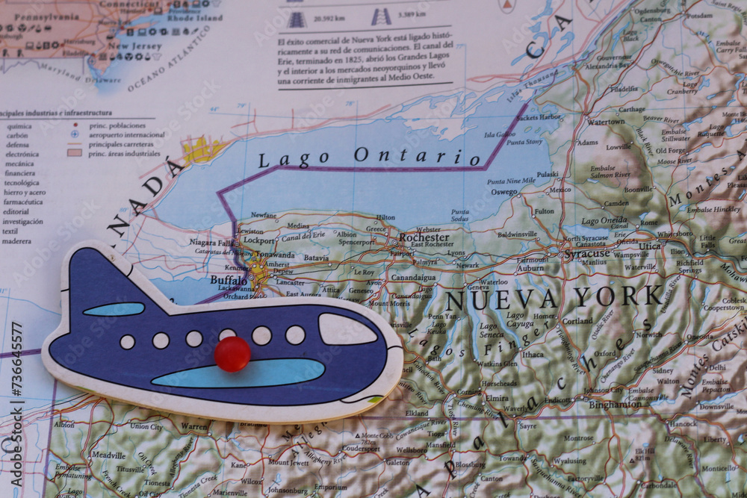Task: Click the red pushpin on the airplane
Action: [x=232, y=353]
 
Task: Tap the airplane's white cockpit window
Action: [x=347, y=329]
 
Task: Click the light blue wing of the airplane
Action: [x=238, y=373]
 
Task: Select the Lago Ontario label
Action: [x=369, y=157]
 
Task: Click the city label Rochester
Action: [x=424, y=237]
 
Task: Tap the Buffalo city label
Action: [x=228, y=280]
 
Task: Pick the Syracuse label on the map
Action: [x=587, y=254]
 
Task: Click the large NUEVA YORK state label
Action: [x=554, y=298]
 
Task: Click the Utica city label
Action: [x=649, y=246]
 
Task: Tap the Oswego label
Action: [x=504, y=192]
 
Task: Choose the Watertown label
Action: [x=605, y=121]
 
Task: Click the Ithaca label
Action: [x=533, y=355]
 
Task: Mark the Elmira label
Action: [x=497, y=397]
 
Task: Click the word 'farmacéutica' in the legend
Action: [x=22, y=202]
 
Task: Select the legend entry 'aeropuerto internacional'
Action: [x=126, y=135]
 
